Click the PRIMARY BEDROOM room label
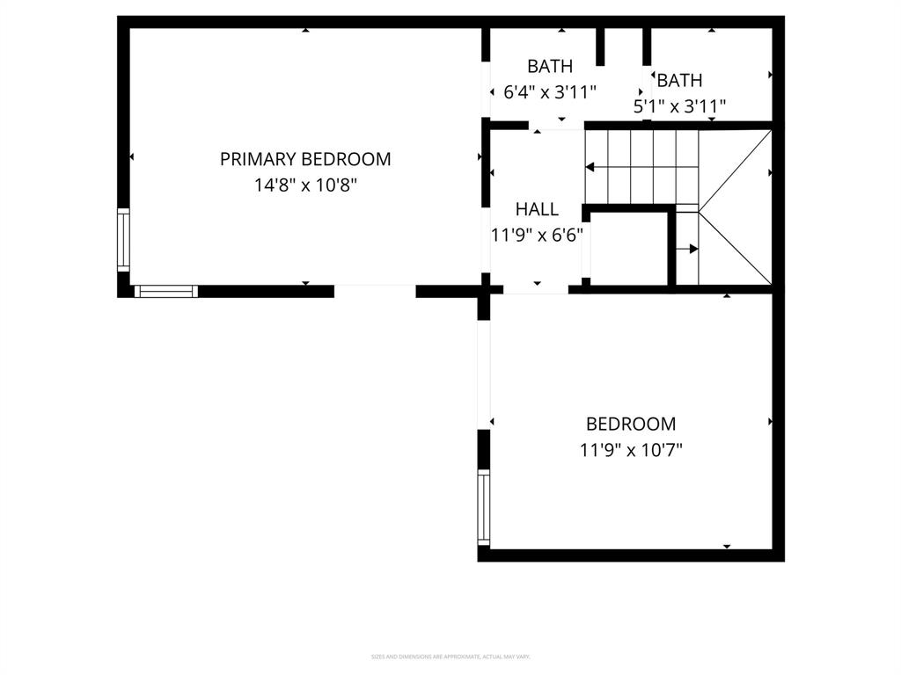(305, 159)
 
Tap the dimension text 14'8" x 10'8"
(305, 185)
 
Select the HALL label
(537, 209)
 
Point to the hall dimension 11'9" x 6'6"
(537, 235)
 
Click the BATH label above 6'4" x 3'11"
(550, 66)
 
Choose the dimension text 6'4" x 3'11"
(550, 91)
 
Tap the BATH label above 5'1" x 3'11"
(679, 81)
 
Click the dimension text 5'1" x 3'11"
(679, 106)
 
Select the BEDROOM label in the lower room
(631, 425)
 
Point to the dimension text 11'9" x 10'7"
(631, 450)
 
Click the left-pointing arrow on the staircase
(590, 166)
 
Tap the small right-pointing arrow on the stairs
(692, 249)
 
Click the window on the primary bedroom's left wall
(123, 240)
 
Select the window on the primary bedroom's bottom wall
(165, 291)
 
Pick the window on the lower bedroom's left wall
(483, 506)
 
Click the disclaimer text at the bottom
(450, 657)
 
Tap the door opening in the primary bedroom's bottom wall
(375, 291)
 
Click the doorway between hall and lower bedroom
(536, 289)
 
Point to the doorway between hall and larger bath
(556, 126)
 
